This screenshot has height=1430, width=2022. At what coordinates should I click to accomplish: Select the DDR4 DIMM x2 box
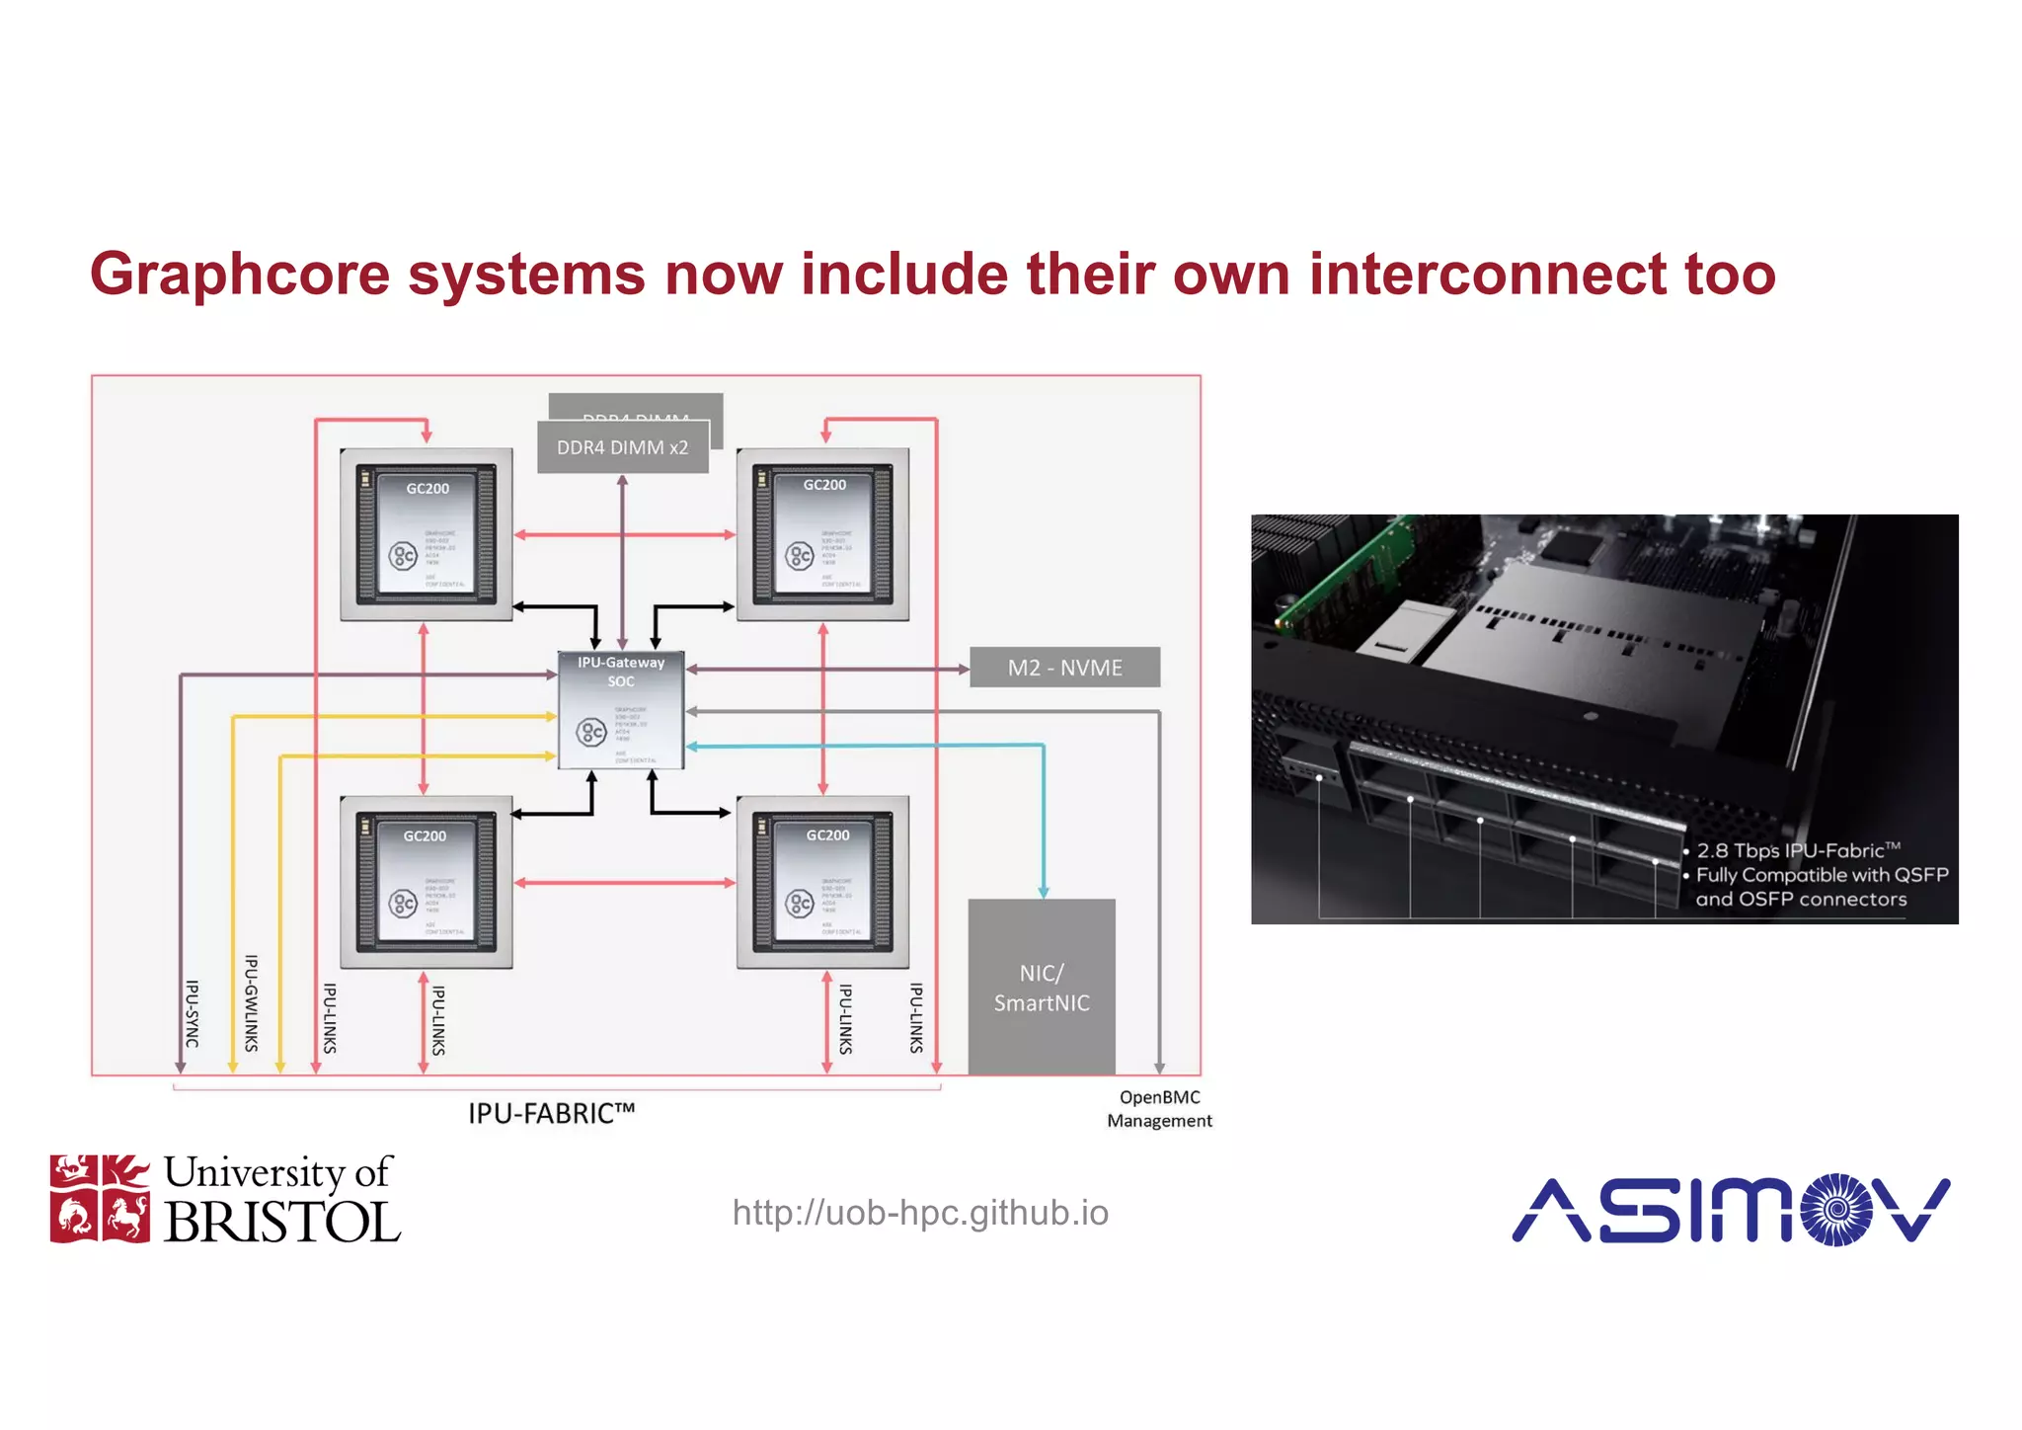point(622,447)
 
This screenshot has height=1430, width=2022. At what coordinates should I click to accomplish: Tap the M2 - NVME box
point(1064,668)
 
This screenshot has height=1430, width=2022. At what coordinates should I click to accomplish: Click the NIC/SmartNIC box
point(1042,987)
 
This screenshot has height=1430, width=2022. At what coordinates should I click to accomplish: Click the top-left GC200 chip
point(427,534)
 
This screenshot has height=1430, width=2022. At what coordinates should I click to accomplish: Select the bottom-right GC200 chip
point(822,882)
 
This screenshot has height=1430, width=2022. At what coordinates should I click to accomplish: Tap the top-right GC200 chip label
point(824,485)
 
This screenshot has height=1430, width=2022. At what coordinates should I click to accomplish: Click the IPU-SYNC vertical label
point(193,1013)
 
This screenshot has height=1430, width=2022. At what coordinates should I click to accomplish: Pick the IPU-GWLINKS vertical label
point(251,1002)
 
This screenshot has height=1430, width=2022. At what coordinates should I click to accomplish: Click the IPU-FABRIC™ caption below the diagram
point(551,1114)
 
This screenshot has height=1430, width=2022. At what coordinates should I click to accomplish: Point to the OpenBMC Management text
point(1159,1109)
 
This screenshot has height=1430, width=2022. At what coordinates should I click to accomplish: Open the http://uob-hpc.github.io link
point(920,1213)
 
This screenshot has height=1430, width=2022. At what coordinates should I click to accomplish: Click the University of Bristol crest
point(100,1198)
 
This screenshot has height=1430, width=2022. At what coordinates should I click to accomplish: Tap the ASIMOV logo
point(1730,1209)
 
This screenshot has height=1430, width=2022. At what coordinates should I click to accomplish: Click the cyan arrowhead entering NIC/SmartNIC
point(1044,891)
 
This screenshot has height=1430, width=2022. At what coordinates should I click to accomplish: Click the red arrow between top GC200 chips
point(624,534)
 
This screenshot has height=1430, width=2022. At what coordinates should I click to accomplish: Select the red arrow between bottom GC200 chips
point(624,882)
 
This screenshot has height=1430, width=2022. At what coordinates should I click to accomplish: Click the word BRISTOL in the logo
point(281,1223)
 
